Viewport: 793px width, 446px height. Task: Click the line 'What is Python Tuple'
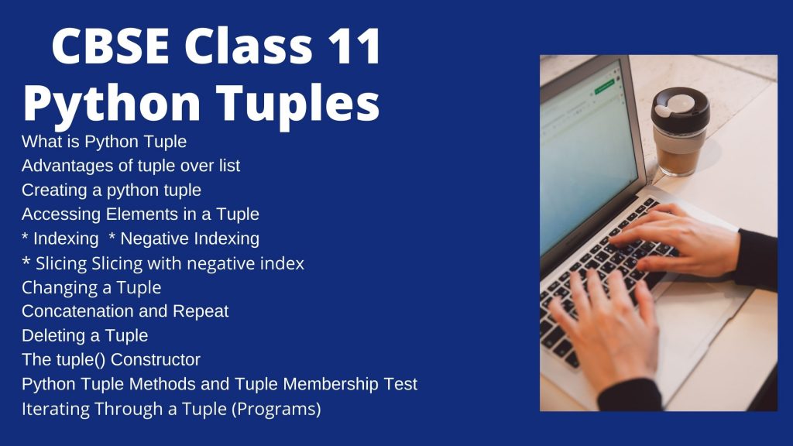(104, 142)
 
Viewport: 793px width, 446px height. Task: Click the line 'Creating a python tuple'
(112, 190)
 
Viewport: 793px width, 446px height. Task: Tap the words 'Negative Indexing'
(190, 238)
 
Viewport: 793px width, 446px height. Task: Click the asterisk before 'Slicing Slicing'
(26, 262)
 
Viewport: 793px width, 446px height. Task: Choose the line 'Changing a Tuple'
(91, 288)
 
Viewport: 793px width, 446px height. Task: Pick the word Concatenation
(78, 311)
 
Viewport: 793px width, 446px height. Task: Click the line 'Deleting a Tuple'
(85, 336)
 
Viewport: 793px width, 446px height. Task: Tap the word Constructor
(155, 360)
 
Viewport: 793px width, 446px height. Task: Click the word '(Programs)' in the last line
(276, 409)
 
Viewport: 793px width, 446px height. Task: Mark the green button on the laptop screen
(604, 87)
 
